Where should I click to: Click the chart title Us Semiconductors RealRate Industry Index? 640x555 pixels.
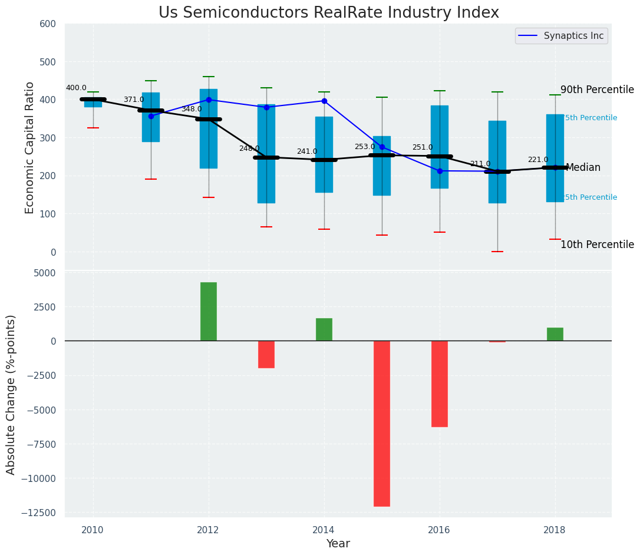(329, 13)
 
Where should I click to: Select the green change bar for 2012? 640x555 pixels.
(209, 311)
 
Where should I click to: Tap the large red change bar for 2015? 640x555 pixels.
(382, 423)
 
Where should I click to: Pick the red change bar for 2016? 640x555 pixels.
(440, 384)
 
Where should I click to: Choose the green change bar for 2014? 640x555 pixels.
(324, 329)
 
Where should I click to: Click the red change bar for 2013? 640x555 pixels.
(266, 354)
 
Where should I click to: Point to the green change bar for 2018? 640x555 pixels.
(555, 334)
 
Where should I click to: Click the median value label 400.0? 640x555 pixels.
(76, 88)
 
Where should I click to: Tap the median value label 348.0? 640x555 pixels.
(192, 109)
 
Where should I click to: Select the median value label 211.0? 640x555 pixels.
(480, 164)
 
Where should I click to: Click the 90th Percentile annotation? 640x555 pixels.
(597, 90)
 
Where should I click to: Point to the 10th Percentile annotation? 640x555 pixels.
(597, 245)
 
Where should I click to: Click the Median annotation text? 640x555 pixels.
(583, 168)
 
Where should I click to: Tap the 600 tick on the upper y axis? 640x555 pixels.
(48, 24)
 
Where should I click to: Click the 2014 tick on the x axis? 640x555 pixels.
(324, 530)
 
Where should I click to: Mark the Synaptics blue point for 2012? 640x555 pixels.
(209, 100)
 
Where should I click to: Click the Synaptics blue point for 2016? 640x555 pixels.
(440, 171)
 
